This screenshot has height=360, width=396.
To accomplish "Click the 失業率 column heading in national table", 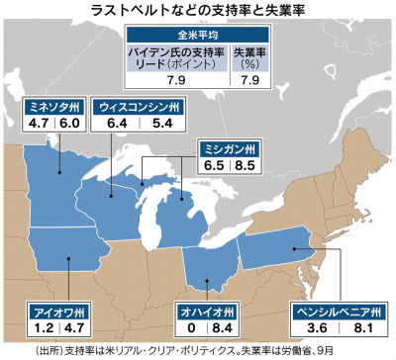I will point(247,51).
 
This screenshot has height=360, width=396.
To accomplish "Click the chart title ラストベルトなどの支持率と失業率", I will point(197,10).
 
